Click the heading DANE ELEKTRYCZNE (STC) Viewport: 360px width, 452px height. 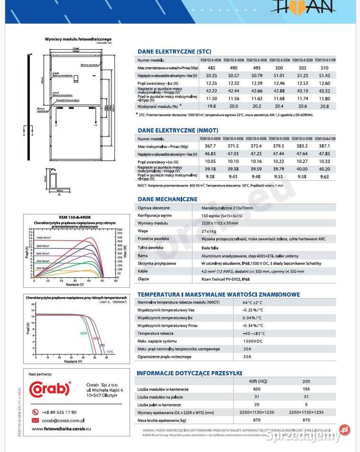pos(174,51)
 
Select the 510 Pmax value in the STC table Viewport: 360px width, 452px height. pos(324,68)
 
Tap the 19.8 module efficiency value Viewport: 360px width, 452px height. pos(211,106)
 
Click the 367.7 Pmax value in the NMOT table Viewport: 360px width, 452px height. pos(211,146)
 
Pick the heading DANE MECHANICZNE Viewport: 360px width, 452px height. pos(167,199)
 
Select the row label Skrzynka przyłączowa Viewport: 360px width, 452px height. pos(157,263)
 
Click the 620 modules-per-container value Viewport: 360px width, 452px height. pos(257,389)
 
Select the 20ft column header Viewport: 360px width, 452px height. pos(306,382)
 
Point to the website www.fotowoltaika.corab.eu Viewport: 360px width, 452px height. pos(61,429)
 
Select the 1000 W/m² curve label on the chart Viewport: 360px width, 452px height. pos(44,238)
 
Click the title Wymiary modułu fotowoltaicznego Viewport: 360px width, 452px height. pos(78,39)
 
